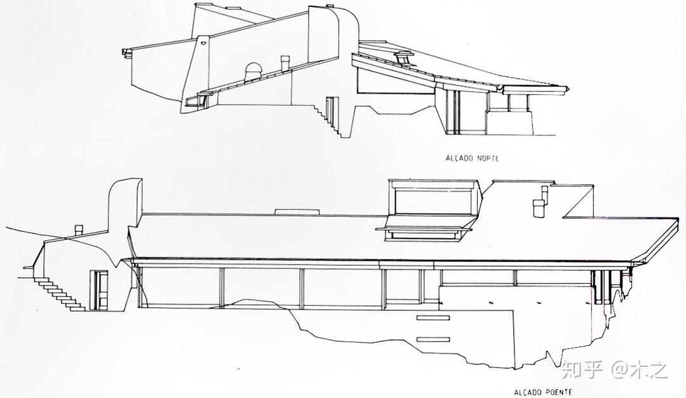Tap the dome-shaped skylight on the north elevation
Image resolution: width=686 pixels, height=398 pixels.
click(252, 70)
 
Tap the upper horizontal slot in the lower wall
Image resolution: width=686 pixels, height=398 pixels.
click(432, 317)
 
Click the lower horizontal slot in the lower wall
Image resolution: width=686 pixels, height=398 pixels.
click(432, 339)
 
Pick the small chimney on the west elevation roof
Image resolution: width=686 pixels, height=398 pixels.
click(539, 204)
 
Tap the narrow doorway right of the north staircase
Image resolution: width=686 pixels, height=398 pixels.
click(329, 109)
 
